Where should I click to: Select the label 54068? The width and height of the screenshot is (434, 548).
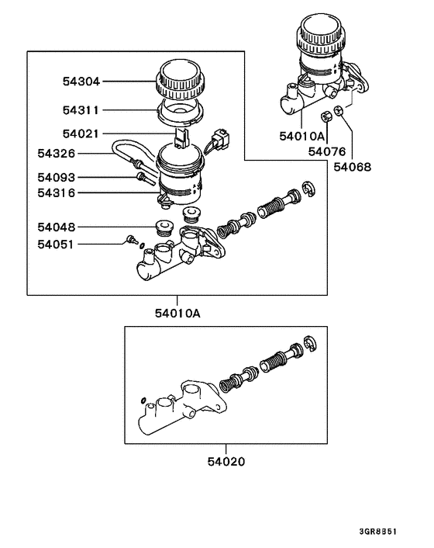(352, 166)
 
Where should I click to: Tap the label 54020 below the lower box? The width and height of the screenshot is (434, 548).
(226, 461)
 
